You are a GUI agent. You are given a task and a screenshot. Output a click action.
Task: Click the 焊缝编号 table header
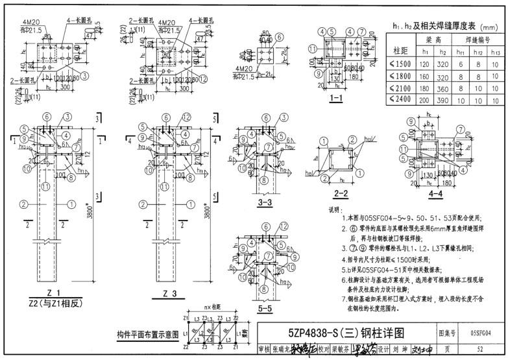476,40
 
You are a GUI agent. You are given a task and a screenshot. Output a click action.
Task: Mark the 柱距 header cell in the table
398,47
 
